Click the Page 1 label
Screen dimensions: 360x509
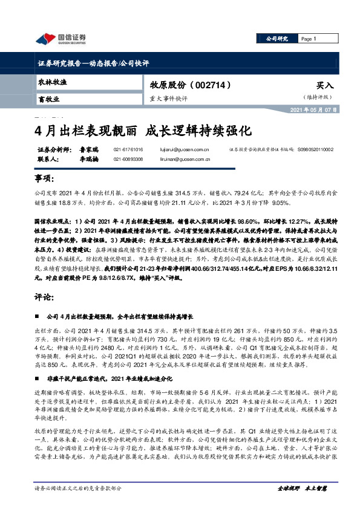(x=309, y=39)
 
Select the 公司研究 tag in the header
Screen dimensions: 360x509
(x=277, y=39)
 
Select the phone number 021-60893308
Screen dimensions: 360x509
(x=128, y=159)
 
